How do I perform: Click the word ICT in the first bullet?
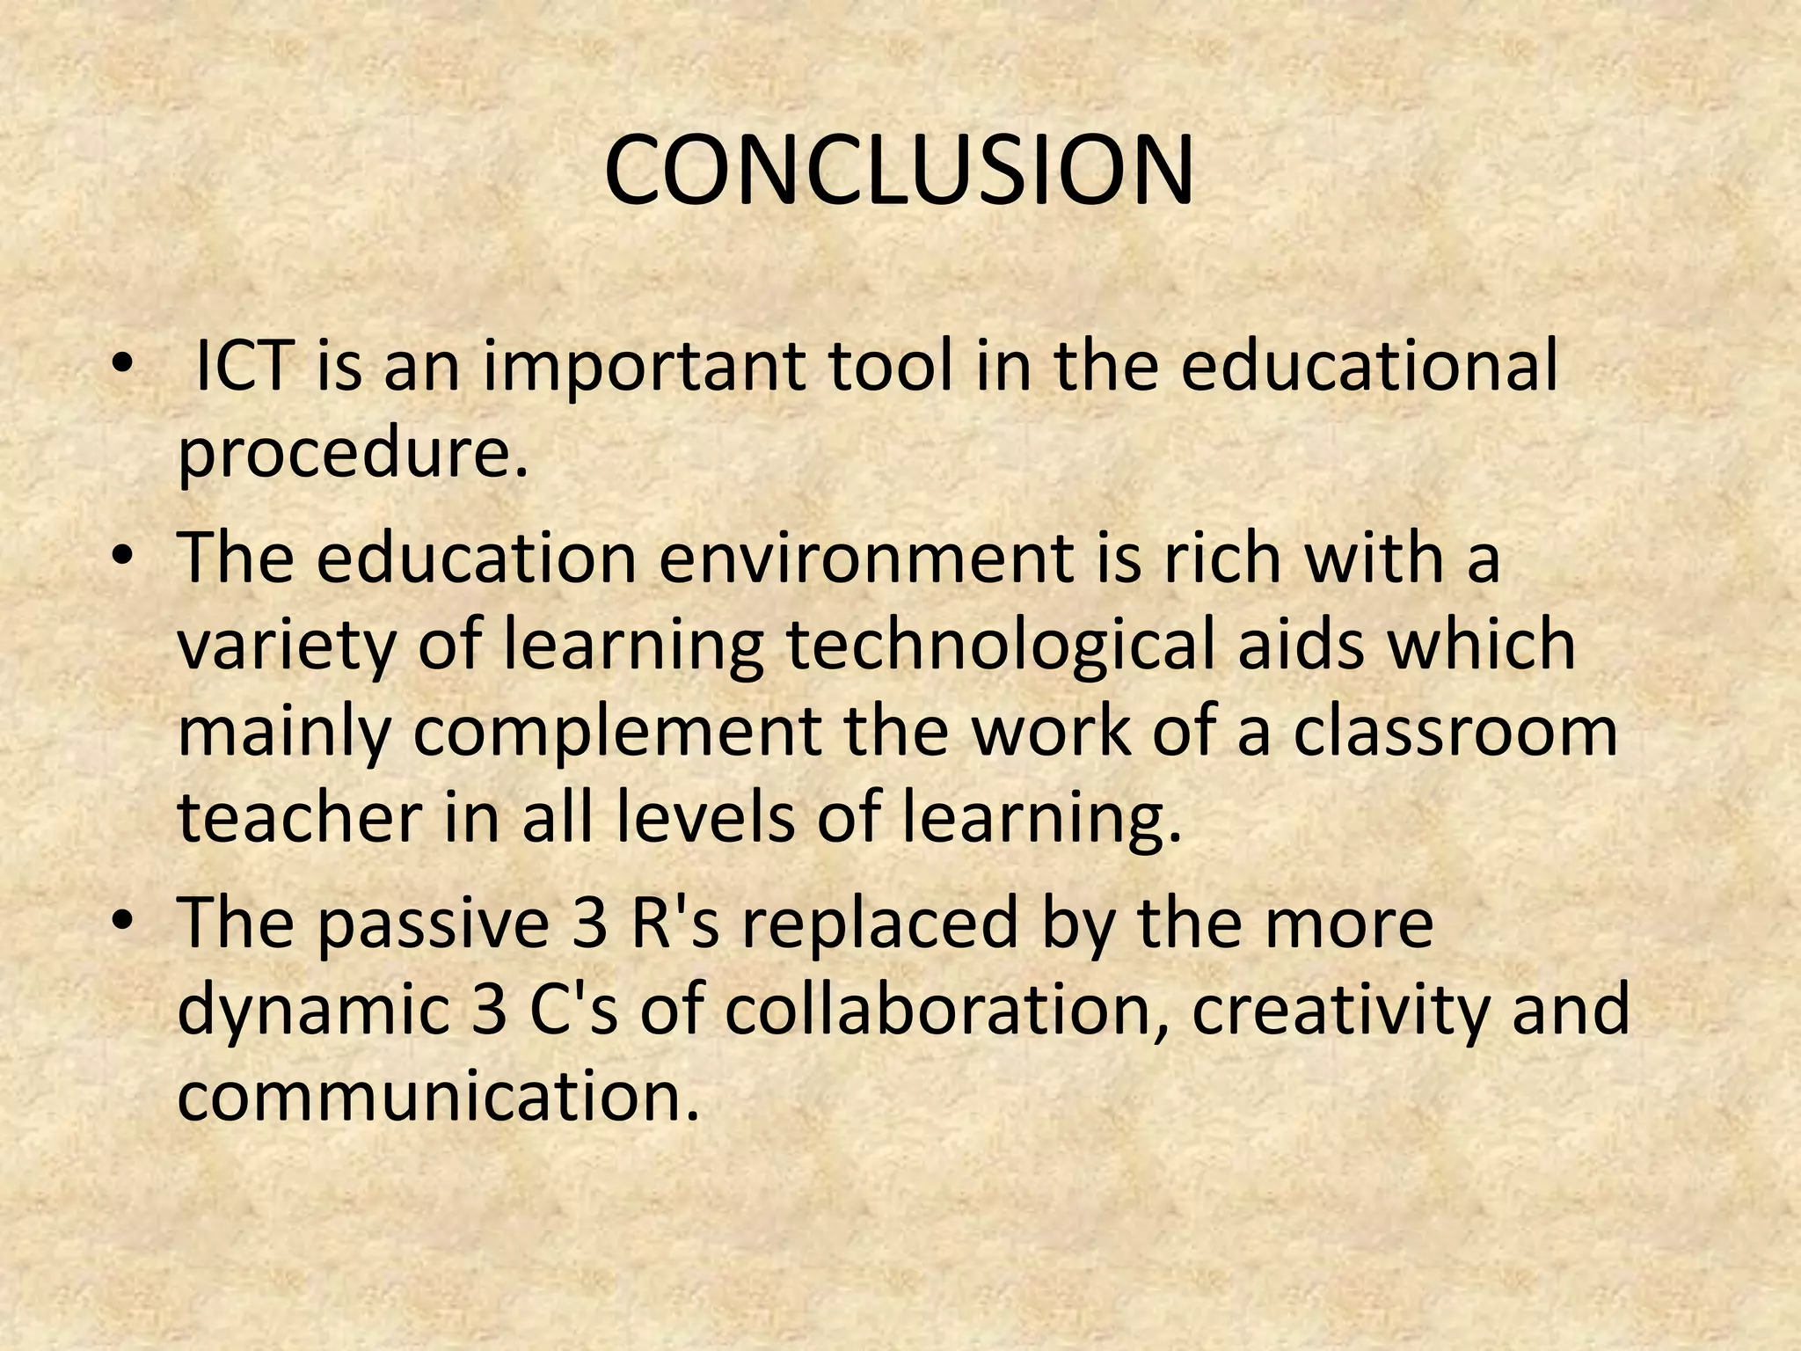click(x=243, y=366)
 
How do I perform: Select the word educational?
click(x=1368, y=366)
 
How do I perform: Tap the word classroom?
click(x=1455, y=732)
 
